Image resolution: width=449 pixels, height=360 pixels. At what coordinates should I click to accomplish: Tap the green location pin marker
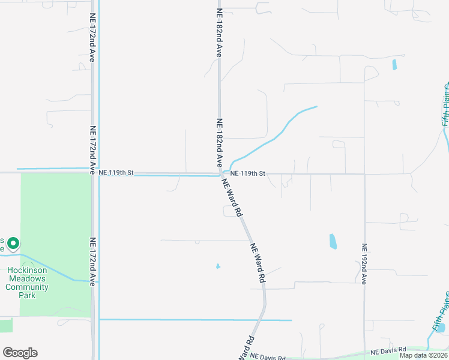coord(13,244)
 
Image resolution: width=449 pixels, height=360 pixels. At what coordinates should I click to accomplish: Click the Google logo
coord(20,353)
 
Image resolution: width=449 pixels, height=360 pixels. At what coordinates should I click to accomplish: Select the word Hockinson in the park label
coord(28,271)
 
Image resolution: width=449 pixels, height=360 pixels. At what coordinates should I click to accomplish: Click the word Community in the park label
coord(28,287)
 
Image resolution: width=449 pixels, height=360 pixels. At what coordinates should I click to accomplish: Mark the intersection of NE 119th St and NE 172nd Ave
coord(94,173)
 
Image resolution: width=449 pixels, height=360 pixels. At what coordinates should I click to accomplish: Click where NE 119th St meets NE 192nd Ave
coord(364,174)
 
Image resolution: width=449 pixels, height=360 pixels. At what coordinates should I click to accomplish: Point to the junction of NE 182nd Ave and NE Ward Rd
coord(220,175)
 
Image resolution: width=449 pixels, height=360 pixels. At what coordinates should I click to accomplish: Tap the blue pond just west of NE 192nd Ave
coord(333,242)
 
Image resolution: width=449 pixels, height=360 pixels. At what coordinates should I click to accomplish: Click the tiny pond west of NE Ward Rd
coord(218,266)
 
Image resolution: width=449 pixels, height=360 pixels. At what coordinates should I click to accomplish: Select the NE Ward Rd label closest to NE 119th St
coord(232,197)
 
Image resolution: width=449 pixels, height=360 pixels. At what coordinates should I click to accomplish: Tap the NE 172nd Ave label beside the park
coord(92,262)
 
